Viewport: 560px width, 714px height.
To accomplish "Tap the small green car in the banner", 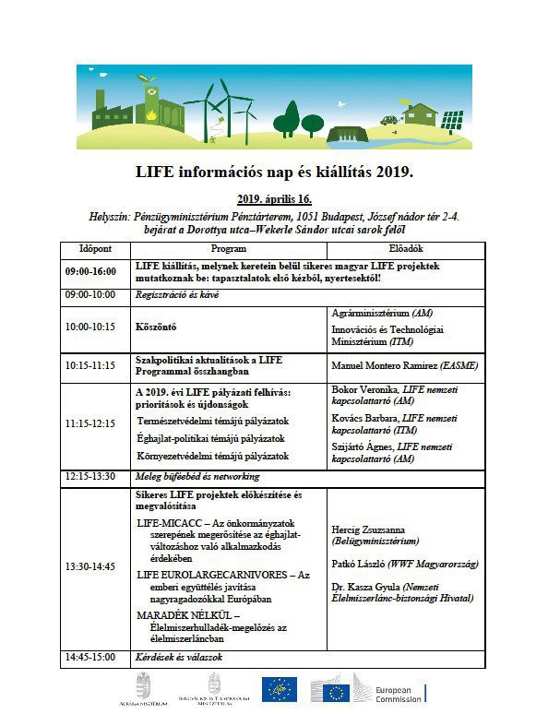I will click(388, 119).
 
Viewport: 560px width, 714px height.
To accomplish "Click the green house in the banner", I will click(420, 114).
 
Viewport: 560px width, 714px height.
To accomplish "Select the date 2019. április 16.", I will click(274, 199).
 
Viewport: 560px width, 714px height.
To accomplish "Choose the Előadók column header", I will click(403, 249).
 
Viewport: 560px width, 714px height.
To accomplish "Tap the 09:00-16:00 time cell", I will click(90, 271).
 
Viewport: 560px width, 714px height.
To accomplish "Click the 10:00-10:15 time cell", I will click(90, 327).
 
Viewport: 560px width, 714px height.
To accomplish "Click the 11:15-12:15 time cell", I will click(90, 424).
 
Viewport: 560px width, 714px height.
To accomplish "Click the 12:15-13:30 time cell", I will click(90, 476).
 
